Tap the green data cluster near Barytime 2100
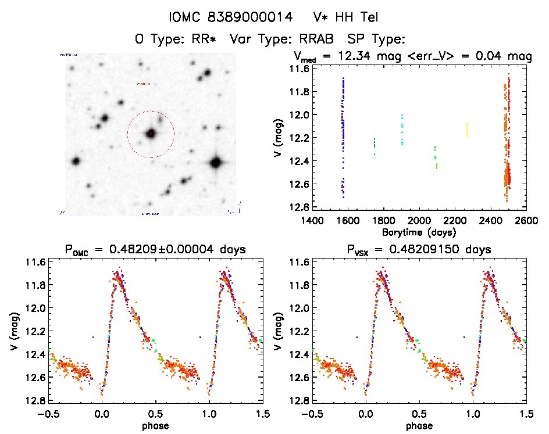[x=436, y=157]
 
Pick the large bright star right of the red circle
[x=216, y=163]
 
